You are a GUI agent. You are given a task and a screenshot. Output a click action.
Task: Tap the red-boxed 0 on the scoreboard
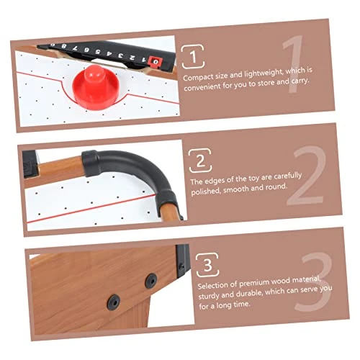click(x=155, y=62)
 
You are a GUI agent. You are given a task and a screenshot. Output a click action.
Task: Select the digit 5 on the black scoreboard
click(x=98, y=52)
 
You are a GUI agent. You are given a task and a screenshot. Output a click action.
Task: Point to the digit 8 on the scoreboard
click(x=63, y=46)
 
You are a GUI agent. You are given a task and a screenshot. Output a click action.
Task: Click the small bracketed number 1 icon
click(x=193, y=57)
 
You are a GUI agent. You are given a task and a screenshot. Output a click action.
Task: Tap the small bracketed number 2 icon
click(x=200, y=161)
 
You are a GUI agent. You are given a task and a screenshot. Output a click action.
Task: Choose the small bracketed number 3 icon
click(x=207, y=265)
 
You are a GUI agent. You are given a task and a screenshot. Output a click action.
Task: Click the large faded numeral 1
click(x=292, y=64)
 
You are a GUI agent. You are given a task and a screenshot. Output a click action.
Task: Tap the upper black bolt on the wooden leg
click(x=151, y=281)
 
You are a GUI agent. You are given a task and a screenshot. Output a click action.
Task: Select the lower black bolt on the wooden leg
click(x=113, y=302)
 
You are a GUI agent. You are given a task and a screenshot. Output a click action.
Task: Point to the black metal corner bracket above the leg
click(x=183, y=261)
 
